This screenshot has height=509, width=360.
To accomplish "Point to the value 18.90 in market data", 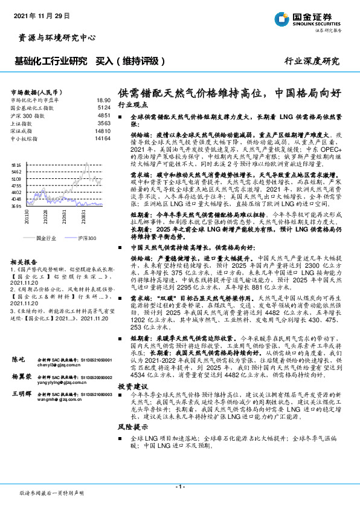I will (x=103, y=100).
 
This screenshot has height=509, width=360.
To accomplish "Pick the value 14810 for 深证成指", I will (x=103, y=131).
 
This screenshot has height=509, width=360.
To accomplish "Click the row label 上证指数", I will (x=25, y=123).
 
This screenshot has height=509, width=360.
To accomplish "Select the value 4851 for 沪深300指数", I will (x=104, y=115).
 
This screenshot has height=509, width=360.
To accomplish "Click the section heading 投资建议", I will (x=132, y=385).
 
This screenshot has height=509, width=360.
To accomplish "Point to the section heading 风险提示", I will (x=132, y=426).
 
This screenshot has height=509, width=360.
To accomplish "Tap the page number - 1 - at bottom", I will (x=179, y=485).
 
